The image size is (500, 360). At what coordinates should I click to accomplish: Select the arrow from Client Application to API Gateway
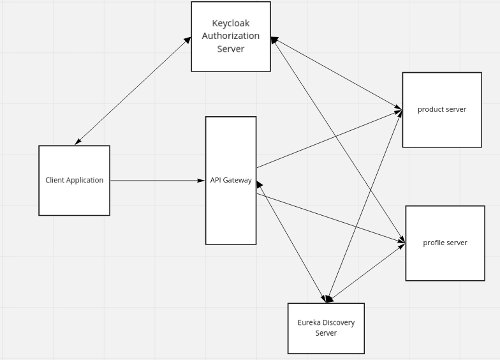click(156, 181)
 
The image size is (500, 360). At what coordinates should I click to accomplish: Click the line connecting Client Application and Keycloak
click(133, 91)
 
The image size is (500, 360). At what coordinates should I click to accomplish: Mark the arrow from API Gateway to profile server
click(330, 218)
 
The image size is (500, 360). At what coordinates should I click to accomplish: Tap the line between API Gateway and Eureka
click(290, 241)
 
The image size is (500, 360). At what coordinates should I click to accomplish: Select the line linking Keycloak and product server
click(336, 72)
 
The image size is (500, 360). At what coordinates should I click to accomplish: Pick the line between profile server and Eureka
click(367, 272)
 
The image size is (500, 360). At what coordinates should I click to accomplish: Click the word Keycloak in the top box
click(230, 24)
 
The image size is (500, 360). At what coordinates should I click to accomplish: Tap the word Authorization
click(231, 36)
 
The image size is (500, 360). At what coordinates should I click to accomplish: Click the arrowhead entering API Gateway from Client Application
click(202, 181)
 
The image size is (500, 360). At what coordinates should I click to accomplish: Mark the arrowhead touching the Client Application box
click(78, 142)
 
